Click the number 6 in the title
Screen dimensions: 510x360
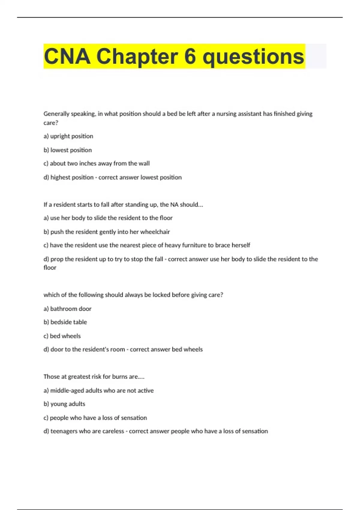coord(190,56)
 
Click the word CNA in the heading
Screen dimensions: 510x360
coord(67,56)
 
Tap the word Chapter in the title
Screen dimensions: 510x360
coord(137,56)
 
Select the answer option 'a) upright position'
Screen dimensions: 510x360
coord(68,136)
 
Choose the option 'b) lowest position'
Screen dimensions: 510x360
coord(68,150)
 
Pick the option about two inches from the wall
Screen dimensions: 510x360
coord(97,163)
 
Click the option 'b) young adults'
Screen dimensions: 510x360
coord(64,404)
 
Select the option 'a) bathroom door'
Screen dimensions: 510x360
coord(67,309)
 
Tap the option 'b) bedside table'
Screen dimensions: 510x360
coord(65,322)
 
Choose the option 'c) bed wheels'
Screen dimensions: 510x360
coord(62,336)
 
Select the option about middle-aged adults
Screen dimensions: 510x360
coord(99,391)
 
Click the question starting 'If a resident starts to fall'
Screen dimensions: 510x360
coord(123,205)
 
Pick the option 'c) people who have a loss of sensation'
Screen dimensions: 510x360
coord(95,418)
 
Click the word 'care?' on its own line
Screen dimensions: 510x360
coord(51,123)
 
